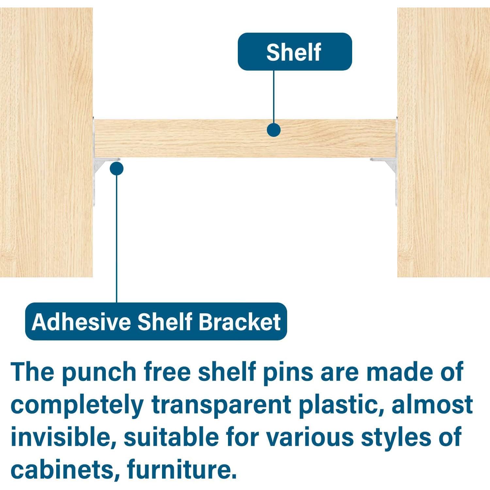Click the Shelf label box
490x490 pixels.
295,52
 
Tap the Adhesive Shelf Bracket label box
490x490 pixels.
156,321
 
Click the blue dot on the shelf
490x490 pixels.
273,130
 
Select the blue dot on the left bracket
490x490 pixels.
117,169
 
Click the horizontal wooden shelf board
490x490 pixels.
245,139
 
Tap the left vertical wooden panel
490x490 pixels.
46,142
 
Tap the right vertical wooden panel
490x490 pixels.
444,142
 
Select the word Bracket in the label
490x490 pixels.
240,322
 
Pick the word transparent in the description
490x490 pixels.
221,405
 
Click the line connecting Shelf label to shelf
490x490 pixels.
273,97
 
